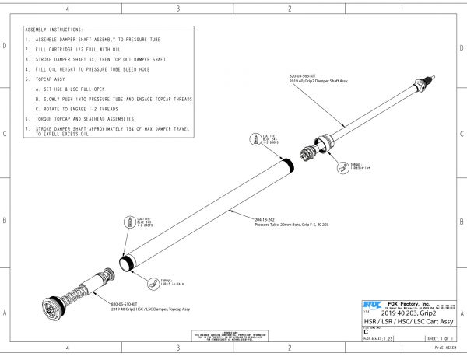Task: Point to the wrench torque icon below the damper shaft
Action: click(x=342, y=168)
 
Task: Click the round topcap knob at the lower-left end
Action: click(x=54, y=306)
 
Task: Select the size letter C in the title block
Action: click(x=366, y=331)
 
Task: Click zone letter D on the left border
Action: click(x=7, y=47)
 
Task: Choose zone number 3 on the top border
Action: click(x=179, y=9)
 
